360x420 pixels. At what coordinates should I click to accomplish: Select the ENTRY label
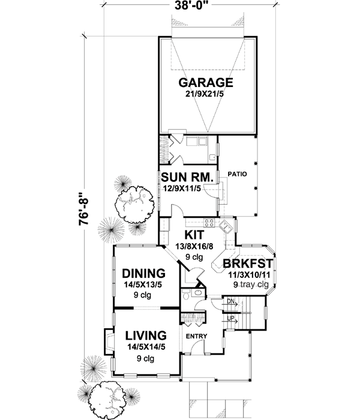[196, 335]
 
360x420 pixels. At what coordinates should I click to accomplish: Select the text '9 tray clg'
[251, 284]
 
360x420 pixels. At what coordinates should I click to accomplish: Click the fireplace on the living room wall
[108, 342]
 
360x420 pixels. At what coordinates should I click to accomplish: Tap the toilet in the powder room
[187, 295]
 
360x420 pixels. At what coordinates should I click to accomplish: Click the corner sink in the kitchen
[226, 226]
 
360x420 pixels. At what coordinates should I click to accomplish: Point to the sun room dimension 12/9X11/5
[185, 190]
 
